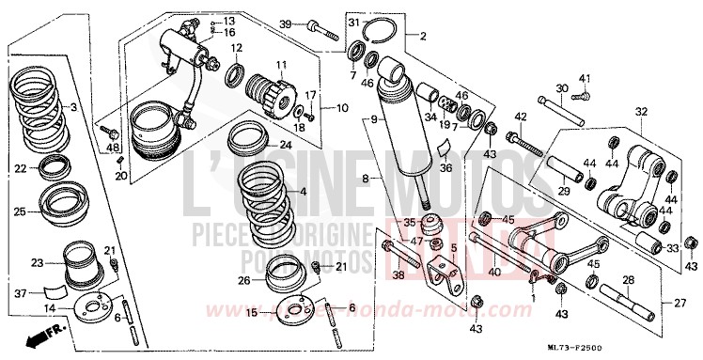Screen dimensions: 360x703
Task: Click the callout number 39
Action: coord(287,23)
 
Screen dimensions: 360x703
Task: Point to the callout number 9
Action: coord(373,119)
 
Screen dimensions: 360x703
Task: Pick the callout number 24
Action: coord(285,145)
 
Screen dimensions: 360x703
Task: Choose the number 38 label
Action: coord(398,275)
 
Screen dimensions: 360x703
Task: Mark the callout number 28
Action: coord(628,279)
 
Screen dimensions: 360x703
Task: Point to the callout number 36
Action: coord(446,167)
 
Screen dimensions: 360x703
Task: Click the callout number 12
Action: coord(237,47)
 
